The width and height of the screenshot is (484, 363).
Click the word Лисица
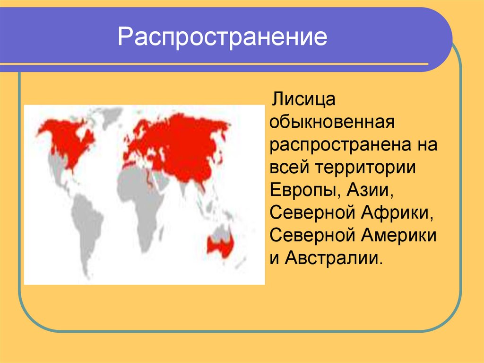coord(303,100)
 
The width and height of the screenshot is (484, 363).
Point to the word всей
coord(289,168)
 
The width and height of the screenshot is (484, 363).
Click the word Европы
coord(301,191)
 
